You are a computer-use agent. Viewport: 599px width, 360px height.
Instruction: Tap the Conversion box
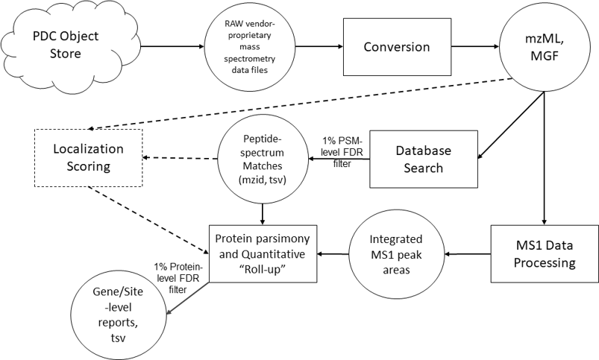click(396, 47)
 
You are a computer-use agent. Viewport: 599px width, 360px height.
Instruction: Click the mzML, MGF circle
click(546, 48)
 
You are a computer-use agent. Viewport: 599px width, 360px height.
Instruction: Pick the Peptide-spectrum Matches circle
click(260, 159)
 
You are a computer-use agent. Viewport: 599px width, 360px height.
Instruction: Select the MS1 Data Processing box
click(544, 253)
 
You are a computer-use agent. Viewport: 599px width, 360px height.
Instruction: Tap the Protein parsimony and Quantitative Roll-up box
click(263, 253)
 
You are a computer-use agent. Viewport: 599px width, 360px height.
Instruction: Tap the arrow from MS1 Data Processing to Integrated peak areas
click(468, 253)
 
